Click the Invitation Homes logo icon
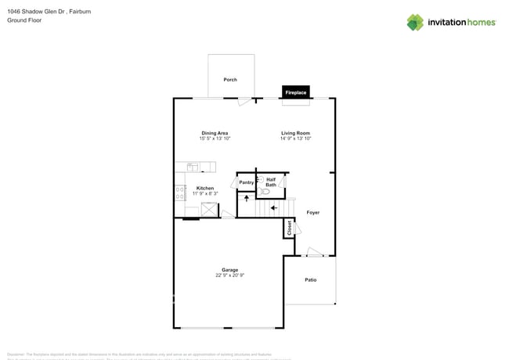click(415, 22)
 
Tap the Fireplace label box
click(295, 92)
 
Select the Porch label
click(230, 80)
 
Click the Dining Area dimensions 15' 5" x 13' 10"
click(215, 139)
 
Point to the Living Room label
click(296, 133)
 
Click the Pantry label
click(247, 182)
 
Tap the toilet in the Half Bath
click(265, 191)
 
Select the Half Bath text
click(271, 182)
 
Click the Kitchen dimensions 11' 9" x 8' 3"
click(205, 193)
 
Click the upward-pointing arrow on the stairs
click(247, 198)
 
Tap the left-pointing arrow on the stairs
click(273, 207)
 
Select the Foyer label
click(312, 212)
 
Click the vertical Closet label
click(289, 228)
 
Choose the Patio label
click(310, 279)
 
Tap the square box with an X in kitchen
click(209, 209)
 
